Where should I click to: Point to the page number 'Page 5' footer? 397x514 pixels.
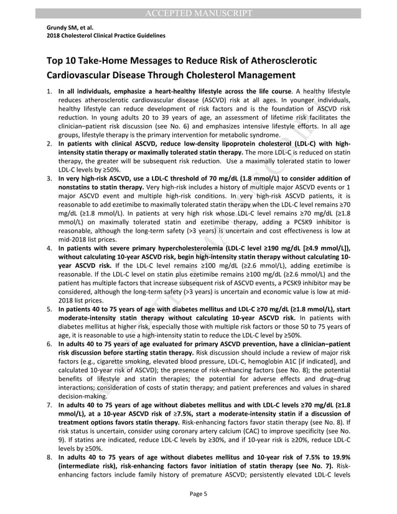(198, 494)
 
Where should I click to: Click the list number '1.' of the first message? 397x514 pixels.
(50, 91)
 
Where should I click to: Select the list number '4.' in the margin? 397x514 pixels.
(50, 248)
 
